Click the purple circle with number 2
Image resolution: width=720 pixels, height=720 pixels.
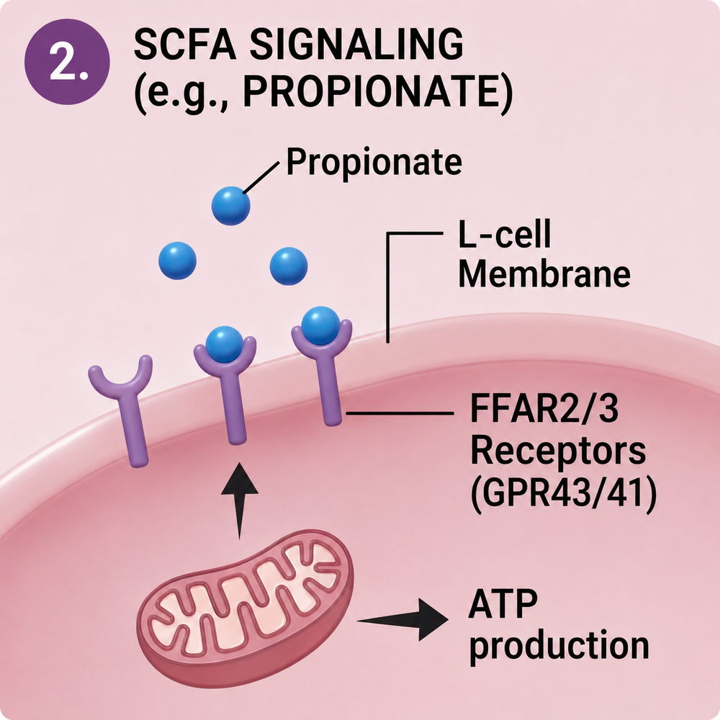pos(67,62)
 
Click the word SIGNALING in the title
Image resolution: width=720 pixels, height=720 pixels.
pos(356,44)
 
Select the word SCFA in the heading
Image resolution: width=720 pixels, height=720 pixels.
pos(184,44)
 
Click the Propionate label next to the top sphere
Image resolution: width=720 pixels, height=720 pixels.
pos(374,162)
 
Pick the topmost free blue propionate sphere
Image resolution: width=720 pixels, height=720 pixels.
pos(231,206)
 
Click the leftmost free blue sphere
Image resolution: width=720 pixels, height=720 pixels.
pos(178,261)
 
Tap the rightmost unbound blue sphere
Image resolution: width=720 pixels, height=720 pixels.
pos(289,266)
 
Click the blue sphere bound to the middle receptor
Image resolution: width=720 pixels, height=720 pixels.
pos(225,344)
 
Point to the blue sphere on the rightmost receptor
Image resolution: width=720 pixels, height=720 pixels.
pos(321,325)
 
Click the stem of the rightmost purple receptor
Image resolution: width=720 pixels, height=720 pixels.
pos(330,390)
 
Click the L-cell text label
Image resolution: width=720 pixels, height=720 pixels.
pos(505,234)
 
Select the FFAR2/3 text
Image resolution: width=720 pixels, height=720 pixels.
pos(544,409)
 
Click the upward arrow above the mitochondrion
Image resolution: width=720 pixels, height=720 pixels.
pos(240,500)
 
